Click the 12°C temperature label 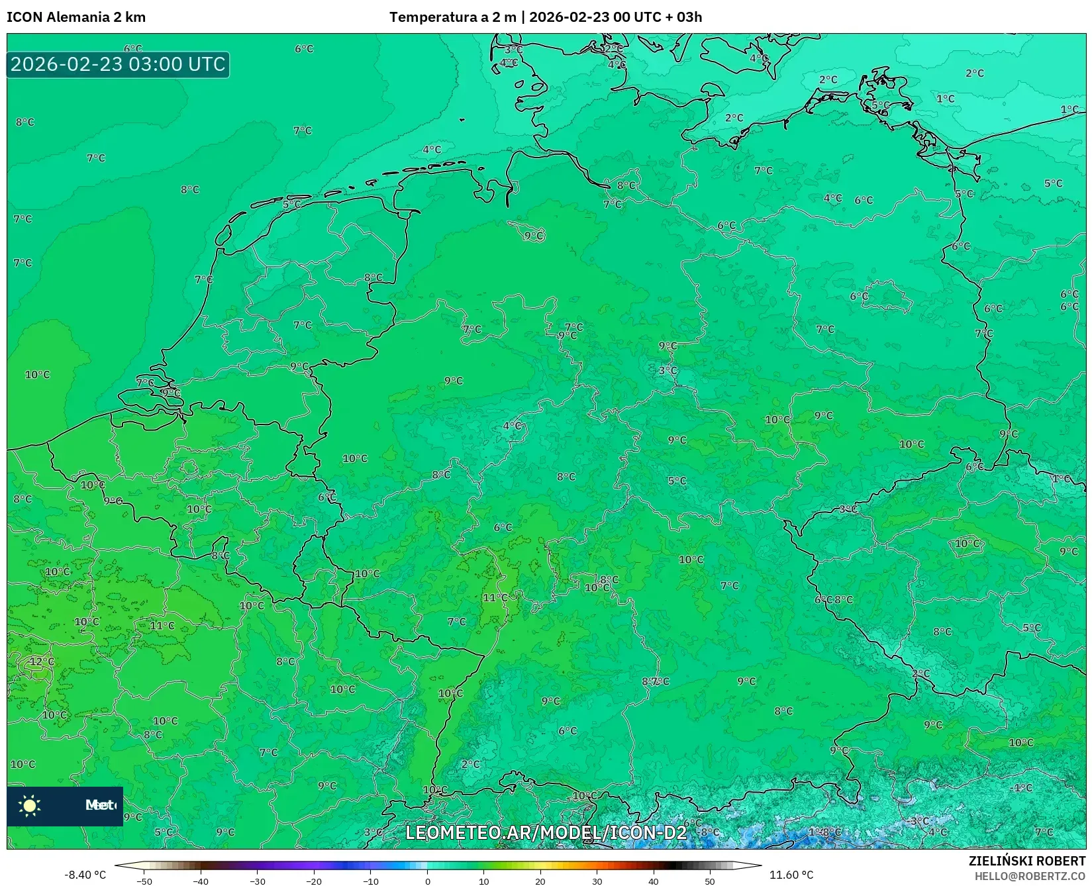click(x=42, y=662)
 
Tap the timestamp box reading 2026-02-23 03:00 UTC click(x=118, y=64)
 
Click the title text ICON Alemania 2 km click(x=76, y=17)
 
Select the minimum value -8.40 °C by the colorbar click(x=85, y=875)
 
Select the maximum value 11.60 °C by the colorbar click(x=791, y=875)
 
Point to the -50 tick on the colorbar click(x=144, y=881)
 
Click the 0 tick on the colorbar click(x=427, y=881)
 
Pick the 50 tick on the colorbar click(x=709, y=881)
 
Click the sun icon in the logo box click(x=30, y=805)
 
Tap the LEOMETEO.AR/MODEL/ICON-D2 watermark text click(x=546, y=832)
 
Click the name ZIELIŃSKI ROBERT click(x=1026, y=861)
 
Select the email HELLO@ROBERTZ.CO click(x=1029, y=876)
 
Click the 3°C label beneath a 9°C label click(x=668, y=370)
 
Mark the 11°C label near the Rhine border click(x=495, y=597)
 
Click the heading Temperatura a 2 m click(x=452, y=17)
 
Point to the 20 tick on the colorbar click(x=540, y=881)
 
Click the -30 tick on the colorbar click(x=257, y=881)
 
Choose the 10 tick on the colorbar click(x=483, y=881)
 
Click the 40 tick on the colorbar click(x=653, y=881)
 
